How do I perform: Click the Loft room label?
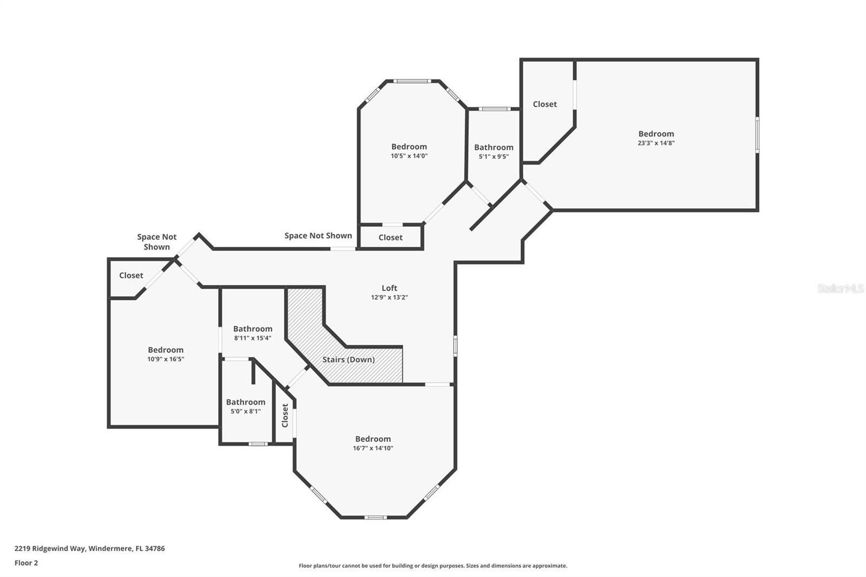pyautogui.click(x=389, y=288)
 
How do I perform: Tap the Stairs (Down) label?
pyautogui.click(x=348, y=359)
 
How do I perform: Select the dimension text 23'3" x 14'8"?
pyautogui.click(x=656, y=143)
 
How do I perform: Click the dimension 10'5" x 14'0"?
pyautogui.click(x=409, y=156)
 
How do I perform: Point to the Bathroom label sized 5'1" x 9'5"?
pyautogui.click(x=494, y=147)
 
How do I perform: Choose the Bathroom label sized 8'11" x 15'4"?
pyautogui.click(x=253, y=329)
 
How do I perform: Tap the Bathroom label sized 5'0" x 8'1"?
pyautogui.click(x=246, y=402)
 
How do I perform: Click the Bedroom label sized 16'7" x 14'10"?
pyautogui.click(x=373, y=439)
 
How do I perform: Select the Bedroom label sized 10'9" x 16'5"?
pyautogui.click(x=166, y=350)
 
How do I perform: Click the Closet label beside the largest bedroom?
pyautogui.click(x=544, y=104)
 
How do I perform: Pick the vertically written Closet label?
pyautogui.click(x=285, y=415)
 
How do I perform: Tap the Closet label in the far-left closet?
pyautogui.click(x=131, y=276)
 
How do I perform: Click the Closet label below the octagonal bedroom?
pyautogui.click(x=390, y=237)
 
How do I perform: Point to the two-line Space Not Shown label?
pyautogui.click(x=156, y=241)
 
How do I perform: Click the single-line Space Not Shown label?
pyautogui.click(x=318, y=235)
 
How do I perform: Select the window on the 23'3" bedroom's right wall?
pyautogui.click(x=757, y=134)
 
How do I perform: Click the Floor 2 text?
pyautogui.click(x=26, y=563)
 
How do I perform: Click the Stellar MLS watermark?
pyautogui.click(x=840, y=289)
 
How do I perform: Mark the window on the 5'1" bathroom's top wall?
pyautogui.click(x=494, y=109)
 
